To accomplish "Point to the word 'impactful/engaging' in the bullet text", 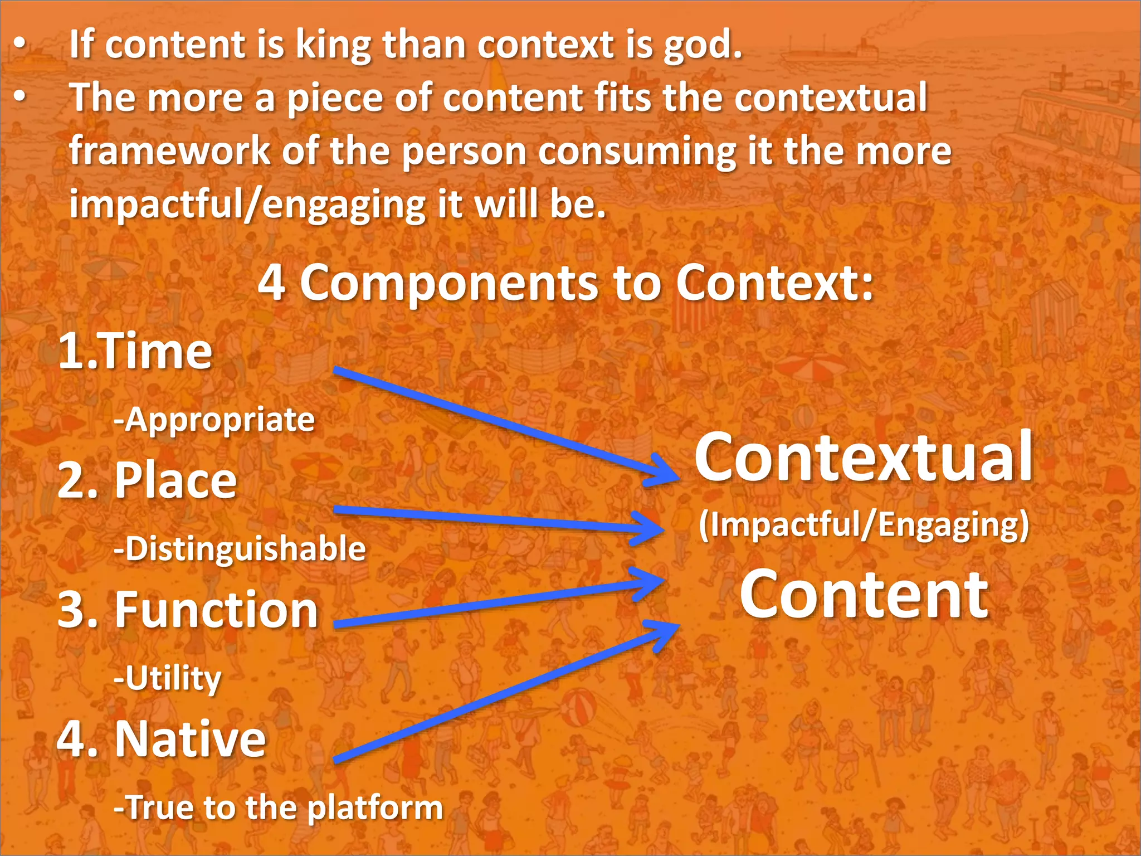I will [247, 205].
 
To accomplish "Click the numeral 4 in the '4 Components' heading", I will [272, 283].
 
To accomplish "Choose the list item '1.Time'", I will [135, 351].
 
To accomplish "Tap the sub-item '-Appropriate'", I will [214, 420].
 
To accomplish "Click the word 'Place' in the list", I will [175, 480].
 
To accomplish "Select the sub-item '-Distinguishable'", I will [240, 549].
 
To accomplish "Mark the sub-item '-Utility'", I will [168, 679].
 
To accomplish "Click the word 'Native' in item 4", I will [191, 739].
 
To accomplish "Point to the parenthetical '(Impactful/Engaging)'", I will [864, 525].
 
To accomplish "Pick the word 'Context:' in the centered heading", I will [774, 283].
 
